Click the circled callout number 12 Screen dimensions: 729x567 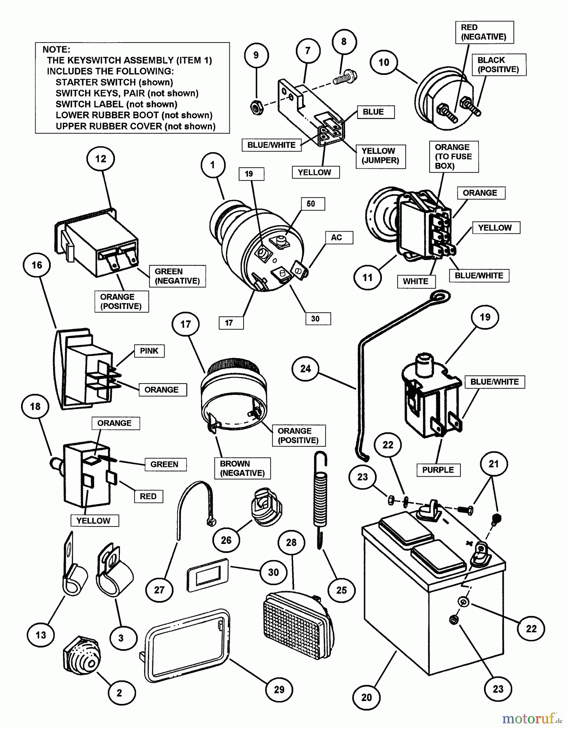101,159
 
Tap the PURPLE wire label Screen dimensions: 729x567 438,470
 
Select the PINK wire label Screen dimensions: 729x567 149,351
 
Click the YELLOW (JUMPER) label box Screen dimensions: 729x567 380,156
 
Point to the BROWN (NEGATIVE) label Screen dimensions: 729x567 242,468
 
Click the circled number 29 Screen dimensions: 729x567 279,689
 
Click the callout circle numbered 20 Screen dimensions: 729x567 366,697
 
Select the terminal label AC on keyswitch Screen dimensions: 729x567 336,237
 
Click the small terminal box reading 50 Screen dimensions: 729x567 311,204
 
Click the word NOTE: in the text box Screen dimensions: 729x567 56,49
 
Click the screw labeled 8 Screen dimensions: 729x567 343,78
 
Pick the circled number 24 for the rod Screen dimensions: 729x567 306,368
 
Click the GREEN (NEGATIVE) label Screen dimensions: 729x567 177,276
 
